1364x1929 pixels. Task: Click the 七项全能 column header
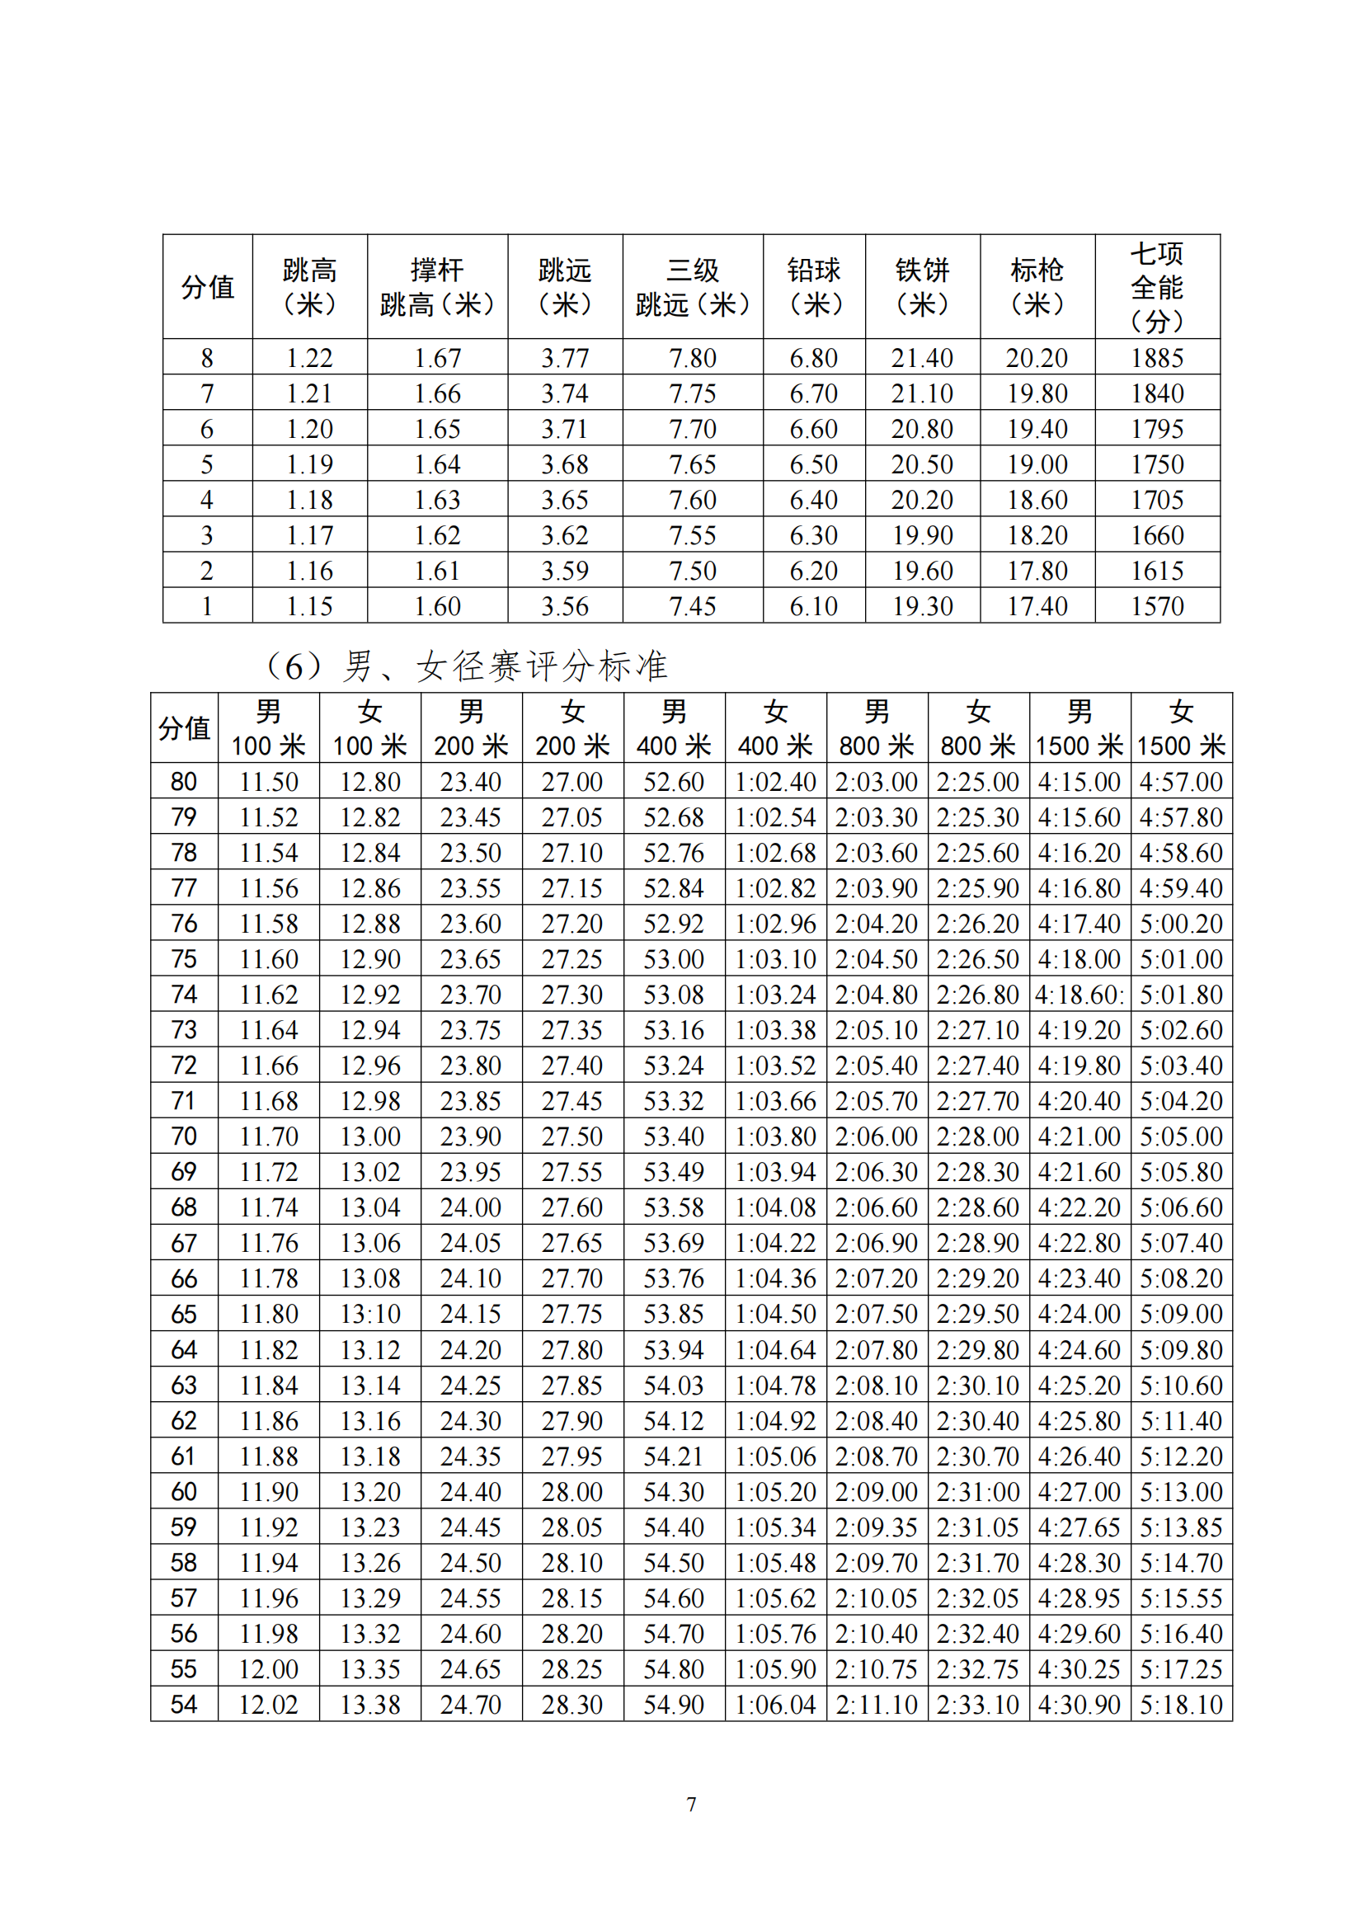1156,286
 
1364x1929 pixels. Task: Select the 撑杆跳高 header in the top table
437,286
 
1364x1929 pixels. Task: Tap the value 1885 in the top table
1156,358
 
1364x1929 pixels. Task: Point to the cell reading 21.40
921,358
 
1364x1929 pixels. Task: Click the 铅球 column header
813,286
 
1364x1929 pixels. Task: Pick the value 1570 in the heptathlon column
1156,606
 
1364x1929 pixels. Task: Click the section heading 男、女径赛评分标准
467,666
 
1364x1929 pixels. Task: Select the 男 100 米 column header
268,728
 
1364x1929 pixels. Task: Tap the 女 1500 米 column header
1181,728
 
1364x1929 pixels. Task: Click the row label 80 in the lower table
184,781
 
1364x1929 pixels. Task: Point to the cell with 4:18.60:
1079,995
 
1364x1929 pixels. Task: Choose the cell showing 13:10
369,1314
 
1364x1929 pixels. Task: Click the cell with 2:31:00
978,1492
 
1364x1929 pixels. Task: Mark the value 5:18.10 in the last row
1181,1705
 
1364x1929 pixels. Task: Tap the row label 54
184,1705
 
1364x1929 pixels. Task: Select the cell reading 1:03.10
775,958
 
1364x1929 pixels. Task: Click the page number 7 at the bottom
691,1804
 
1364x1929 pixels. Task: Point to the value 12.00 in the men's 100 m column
268,1669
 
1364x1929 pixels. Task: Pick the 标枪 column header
1037,286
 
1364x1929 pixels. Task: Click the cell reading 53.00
674,958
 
